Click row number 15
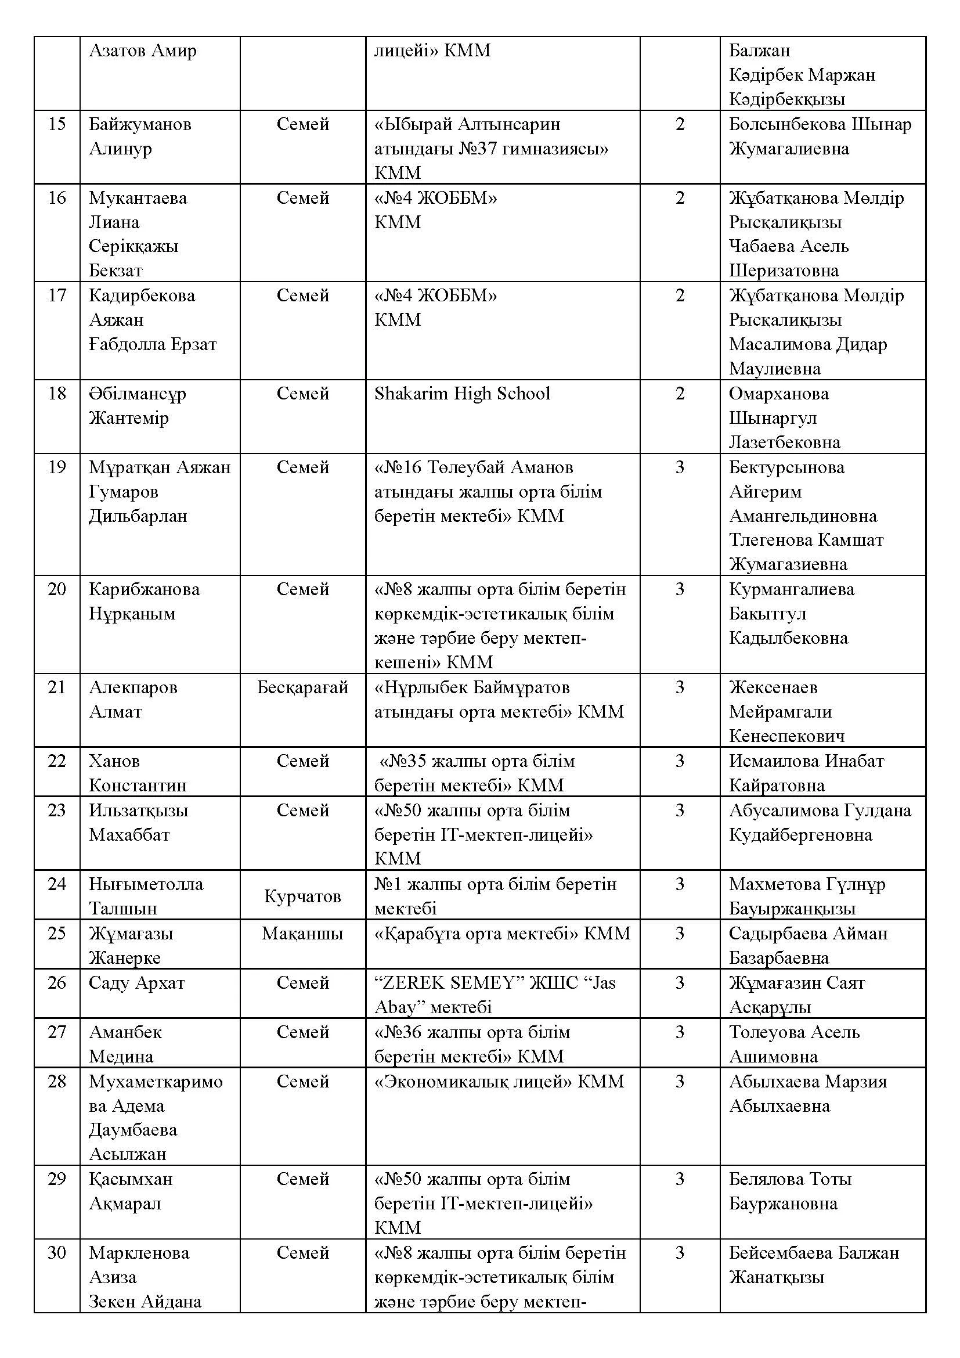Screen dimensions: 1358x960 57,124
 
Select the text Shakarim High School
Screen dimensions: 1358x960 461,394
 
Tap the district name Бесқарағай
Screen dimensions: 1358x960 302,687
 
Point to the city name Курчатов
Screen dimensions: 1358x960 302,896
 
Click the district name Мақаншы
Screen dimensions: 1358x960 302,934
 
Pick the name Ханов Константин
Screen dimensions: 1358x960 138,773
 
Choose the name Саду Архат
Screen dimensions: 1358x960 136,983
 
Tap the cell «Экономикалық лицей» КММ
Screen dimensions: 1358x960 499,1082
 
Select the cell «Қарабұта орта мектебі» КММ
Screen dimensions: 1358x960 502,934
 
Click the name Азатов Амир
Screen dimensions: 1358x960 142,51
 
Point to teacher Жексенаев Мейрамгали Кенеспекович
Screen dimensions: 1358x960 786,712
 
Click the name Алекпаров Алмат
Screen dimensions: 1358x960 133,700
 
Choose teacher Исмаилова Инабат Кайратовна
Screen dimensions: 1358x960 806,773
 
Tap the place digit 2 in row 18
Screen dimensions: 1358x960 680,394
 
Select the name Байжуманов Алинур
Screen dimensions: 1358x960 140,136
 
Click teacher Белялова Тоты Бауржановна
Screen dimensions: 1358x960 790,1191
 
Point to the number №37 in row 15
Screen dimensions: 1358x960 478,149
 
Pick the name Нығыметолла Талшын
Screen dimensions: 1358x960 146,896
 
